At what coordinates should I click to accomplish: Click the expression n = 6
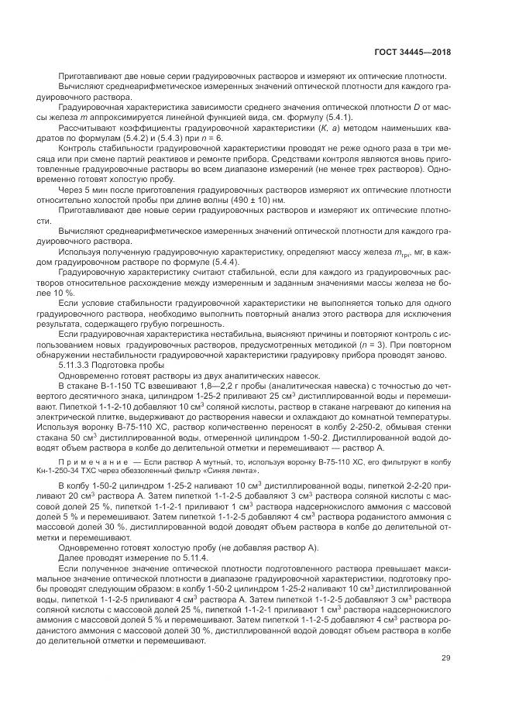(x=212, y=138)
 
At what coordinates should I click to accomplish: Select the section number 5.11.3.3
(x=77, y=364)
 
